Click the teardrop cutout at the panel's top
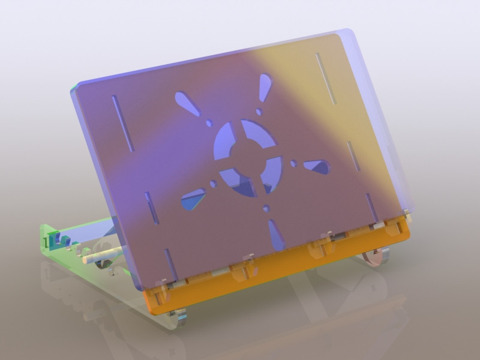click(264, 88)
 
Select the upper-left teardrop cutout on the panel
click(187, 104)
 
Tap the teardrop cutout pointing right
click(316, 166)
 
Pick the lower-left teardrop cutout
click(193, 199)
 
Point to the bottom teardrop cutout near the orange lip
click(276, 235)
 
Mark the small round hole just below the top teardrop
click(259, 112)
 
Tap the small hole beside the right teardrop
click(293, 163)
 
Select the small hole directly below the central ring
click(266, 209)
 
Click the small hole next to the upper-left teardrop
click(209, 123)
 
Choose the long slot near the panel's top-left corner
click(122, 122)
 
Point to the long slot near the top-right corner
click(326, 78)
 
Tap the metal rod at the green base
click(99, 256)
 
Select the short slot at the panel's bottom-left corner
click(170, 263)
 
